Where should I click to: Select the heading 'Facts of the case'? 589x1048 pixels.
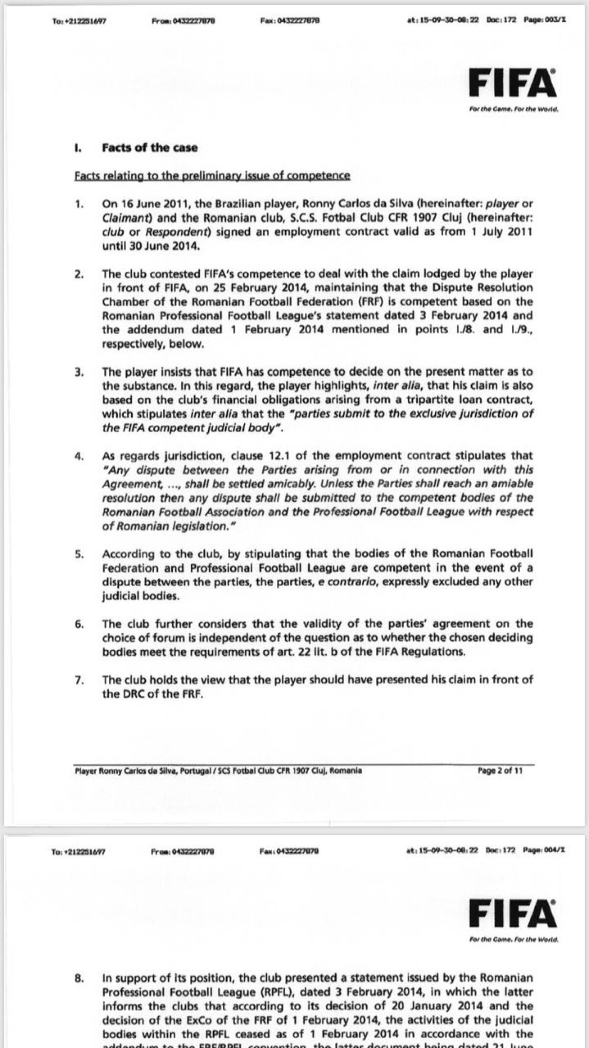[x=150, y=148]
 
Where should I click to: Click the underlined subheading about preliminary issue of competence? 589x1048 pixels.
[x=212, y=176]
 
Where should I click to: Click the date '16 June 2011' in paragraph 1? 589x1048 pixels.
[x=146, y=204]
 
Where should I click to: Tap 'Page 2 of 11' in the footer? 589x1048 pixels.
[x=500, y=770]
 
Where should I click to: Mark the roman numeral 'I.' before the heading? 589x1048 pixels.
[x=79, y=148]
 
